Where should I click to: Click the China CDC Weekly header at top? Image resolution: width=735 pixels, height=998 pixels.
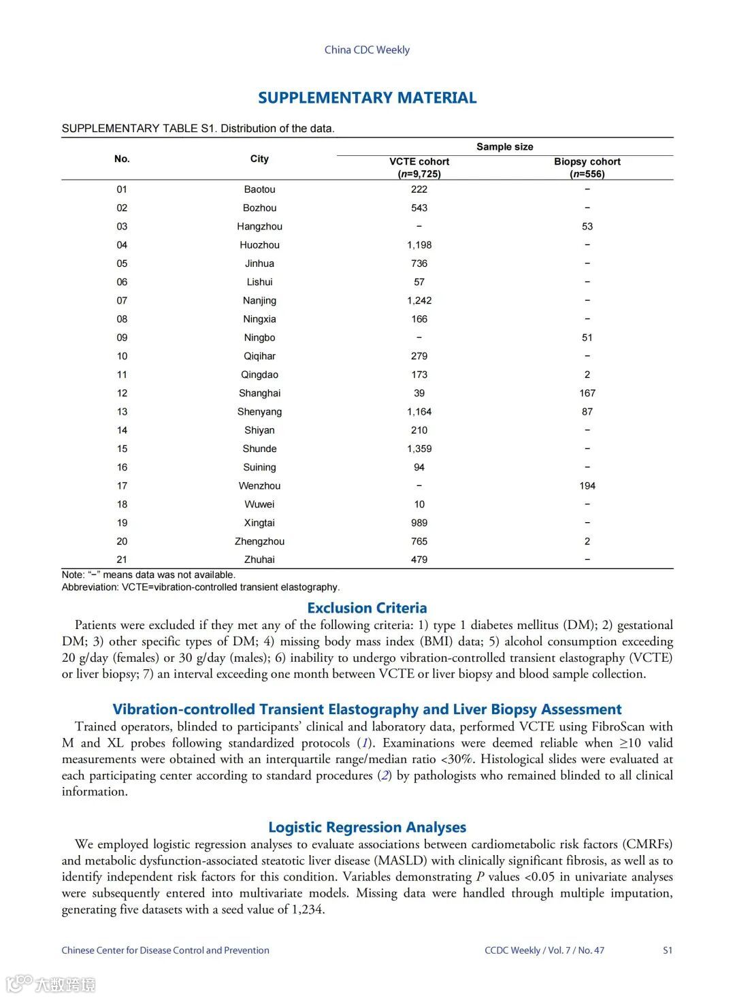[x=367, y=50]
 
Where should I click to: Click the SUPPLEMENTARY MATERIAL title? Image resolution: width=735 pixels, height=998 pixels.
[x=367, y=98]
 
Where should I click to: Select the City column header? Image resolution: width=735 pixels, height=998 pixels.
[x=259, y=159]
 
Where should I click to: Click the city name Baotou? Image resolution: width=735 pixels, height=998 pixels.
[x=259, y=189]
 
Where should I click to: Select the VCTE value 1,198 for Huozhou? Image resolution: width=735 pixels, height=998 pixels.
[x=419, y=245]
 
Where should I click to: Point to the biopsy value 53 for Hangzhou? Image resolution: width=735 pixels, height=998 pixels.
[x=587, y=227]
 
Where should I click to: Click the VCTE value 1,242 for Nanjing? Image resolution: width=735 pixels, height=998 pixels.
[x=419, y=300]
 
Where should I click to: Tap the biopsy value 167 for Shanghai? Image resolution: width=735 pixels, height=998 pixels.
[x=587, y=393]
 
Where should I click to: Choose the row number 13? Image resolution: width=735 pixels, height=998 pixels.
[x=122, y=412]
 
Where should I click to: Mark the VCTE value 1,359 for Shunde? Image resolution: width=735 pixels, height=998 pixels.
[x=419, y=449]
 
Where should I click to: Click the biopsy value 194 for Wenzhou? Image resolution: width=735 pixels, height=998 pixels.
[x=587, y=486]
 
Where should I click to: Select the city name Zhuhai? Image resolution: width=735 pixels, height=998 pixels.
[x=259, y=560]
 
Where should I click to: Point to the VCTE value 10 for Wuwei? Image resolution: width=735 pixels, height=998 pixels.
[x=419, y=504]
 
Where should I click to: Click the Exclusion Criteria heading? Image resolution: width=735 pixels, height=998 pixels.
[x=367, y=608]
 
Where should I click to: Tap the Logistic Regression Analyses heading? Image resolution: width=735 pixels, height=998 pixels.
[x=367, y=827]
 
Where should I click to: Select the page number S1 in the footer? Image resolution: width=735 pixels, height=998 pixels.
[x=668, y=950]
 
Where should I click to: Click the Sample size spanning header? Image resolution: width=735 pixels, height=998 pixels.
[x=504, y=147]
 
